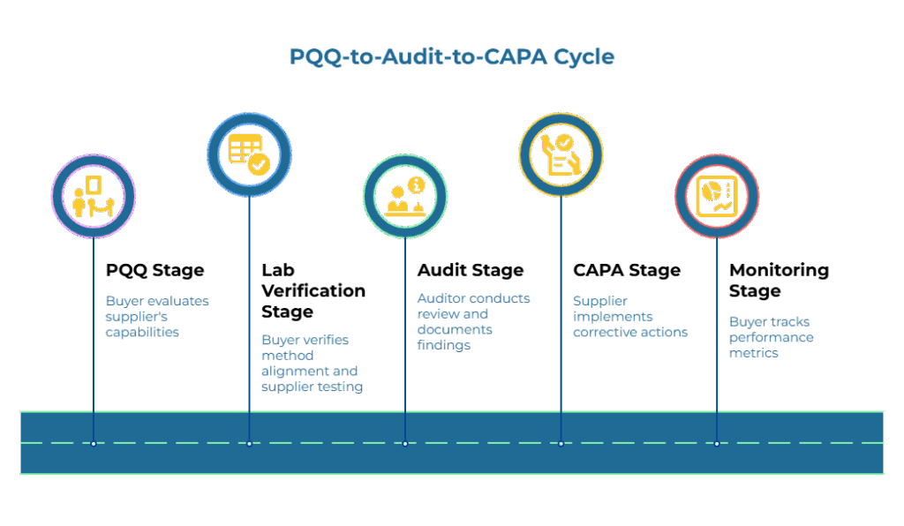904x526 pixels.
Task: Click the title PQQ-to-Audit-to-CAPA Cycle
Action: (x=451, y=56)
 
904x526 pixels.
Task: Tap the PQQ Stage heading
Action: (x=154, y=270)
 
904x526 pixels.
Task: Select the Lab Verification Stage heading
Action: (x=313, y=290)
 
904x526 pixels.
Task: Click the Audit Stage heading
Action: (x=470, y=270)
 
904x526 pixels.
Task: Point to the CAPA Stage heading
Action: (x=626, y=270)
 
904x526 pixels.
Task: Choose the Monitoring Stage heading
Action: (x=778, y=280)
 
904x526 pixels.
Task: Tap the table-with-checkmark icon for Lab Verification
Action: (x=249, y=154)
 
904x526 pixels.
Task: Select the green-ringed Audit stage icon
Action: (x=405, y=196)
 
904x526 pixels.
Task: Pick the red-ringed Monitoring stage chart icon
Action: (x=717, y=196)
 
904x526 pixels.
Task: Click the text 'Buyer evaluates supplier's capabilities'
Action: (x=157, y=316)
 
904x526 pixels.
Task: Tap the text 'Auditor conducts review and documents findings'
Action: (x=473, y=321)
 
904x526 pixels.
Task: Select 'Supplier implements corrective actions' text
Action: (x=629, y=316)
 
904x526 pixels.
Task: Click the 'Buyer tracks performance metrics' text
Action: (x=771, y=337)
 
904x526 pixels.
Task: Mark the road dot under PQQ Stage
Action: (x=94, y=443)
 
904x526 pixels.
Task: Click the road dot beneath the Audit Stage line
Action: (x=405, y=443)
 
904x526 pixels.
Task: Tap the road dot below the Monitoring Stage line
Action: (x=717, y=443)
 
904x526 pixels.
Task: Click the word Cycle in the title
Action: (x=584, y=56)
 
